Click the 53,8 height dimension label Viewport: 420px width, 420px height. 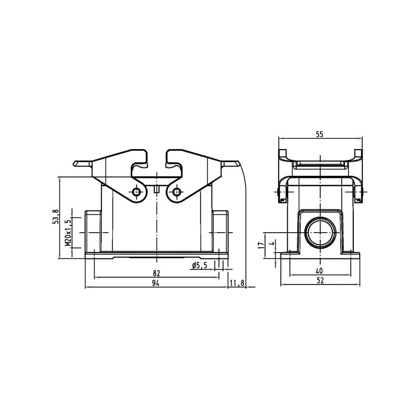[x=56, y=216]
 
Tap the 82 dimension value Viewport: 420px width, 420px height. [x=156, y=273]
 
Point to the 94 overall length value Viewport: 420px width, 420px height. [x=155, y=283]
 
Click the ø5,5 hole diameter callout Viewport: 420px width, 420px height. [x=200, y=266]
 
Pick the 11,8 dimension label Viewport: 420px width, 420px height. [x=237, y=283]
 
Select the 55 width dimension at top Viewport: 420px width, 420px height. [x=320, y=134]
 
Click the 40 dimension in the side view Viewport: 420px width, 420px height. [x=320, y=270]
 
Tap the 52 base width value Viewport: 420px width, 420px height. [x=320, y=280]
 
